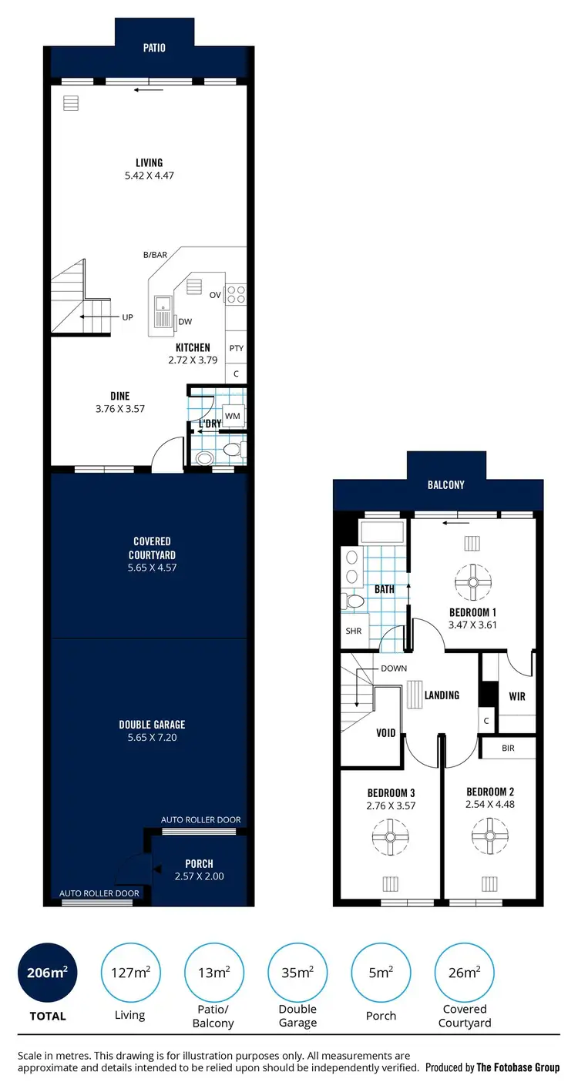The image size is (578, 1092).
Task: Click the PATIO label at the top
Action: point(154,48)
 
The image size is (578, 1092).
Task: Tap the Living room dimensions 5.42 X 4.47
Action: point(149,176)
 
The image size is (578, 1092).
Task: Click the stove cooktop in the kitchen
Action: point(237,293)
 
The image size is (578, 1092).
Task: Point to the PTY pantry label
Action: point(236,348)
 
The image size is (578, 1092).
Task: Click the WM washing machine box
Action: point(233,416)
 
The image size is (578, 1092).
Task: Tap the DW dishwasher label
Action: point(185,322)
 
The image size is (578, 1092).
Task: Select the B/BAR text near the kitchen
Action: point(155,255)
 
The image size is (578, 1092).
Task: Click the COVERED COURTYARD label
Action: point(152,548)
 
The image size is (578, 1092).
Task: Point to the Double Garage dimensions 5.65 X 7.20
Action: point(152,738)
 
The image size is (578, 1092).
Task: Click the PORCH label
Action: point(199,863)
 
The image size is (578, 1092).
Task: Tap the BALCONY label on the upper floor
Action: point(446,485)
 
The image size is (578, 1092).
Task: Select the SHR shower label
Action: point(354,631)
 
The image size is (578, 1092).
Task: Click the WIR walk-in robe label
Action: point(517,696)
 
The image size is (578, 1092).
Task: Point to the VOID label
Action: point(386,732)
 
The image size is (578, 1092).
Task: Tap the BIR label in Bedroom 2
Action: point(507,748)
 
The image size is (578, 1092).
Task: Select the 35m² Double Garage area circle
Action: point(297,973)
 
